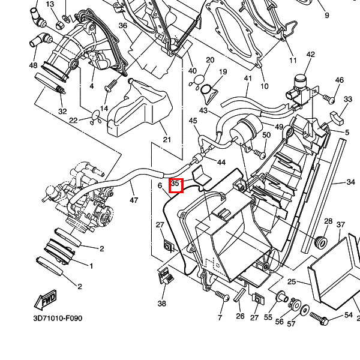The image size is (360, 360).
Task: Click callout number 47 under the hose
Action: (x=133, y=200)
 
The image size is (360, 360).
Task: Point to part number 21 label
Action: (x=167, y=140)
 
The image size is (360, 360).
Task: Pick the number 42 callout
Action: (x=310, y=55)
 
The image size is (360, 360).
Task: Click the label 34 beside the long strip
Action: (x=351, y=181)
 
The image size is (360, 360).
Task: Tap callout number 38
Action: (x=162, y=304)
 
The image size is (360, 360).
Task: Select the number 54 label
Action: (x=349, y=315)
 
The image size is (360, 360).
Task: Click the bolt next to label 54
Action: (x=319, y=318)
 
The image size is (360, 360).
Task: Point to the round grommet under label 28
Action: (x=321, y=242)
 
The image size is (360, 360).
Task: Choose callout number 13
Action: (x=50, y=4)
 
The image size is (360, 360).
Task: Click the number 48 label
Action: (x=32, y=65)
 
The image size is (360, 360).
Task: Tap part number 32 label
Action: (x=62, y=112)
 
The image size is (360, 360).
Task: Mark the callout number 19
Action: (x=223, y=72)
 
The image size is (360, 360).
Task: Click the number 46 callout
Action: (x=340, y=80)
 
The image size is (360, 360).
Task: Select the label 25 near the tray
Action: (x=292, y=281)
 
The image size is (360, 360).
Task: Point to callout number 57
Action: (x=292, y=324)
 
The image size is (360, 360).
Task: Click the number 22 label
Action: (x=73, y=121)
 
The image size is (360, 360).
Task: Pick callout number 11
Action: (x=293, y=61)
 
